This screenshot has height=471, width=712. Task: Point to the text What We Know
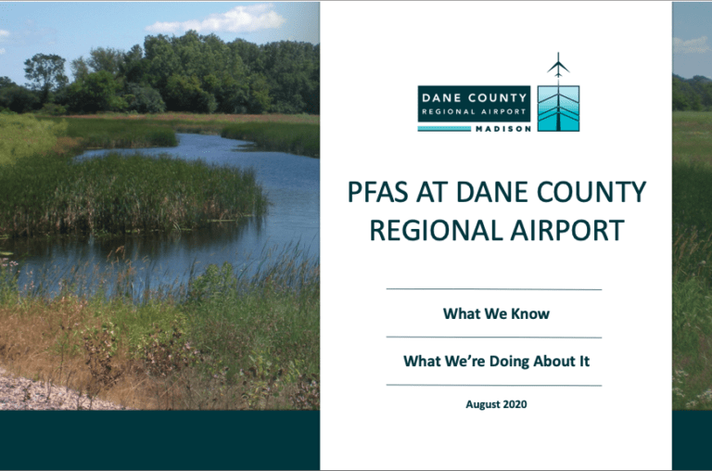click(x=496, y=313)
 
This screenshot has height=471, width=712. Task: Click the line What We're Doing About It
click(x=496, y=361)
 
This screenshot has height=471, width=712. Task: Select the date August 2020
click(x=496, y=404)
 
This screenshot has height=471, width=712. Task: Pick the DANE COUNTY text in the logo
click(x=474, y=96)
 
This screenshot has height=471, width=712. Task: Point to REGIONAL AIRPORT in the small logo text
click(x=474, y=111)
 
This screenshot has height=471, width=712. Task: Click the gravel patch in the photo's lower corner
click(x=37, y=389)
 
